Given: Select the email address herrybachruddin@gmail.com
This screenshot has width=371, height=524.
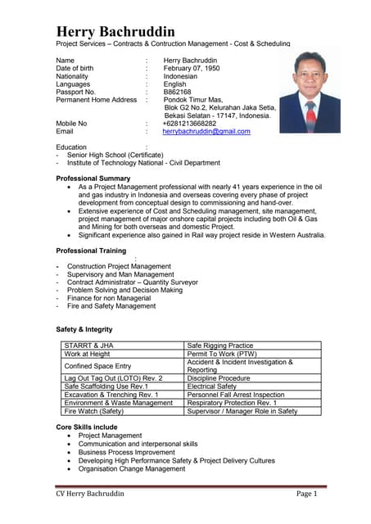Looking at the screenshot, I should point(206,131).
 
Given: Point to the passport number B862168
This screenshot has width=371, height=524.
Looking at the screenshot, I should point(179,92).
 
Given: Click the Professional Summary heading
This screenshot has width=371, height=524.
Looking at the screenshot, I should point(93,178).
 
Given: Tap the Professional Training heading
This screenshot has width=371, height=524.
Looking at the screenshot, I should point(91,251).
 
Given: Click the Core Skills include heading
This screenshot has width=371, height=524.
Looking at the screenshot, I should point(87,427).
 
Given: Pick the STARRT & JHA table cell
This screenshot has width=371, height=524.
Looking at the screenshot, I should point(90,346).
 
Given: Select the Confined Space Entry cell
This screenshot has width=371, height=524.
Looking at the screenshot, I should point(97,366).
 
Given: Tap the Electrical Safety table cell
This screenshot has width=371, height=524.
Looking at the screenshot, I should point(212,386).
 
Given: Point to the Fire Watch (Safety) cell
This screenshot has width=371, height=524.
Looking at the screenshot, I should point(93,411).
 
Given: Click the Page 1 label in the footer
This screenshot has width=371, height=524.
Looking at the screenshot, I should point(305,494).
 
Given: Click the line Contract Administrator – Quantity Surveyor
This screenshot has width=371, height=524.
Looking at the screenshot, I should point(132,282).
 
